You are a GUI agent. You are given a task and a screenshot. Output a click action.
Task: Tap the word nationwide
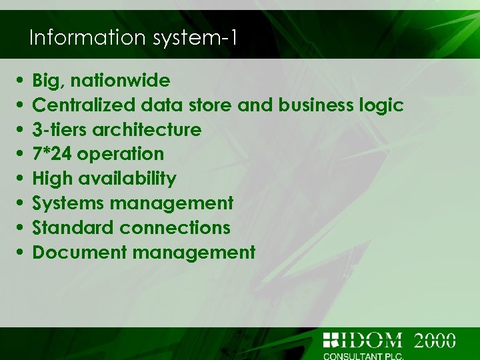(x=120, y=81)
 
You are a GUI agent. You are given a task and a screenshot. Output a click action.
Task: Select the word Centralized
(x=84, y=105)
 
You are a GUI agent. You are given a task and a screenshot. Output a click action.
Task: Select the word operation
(x=121, y=154)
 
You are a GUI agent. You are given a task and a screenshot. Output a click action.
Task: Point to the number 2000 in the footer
(x=435, y=340)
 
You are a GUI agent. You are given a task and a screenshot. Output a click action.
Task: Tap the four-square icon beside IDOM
(x=331, y=340)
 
